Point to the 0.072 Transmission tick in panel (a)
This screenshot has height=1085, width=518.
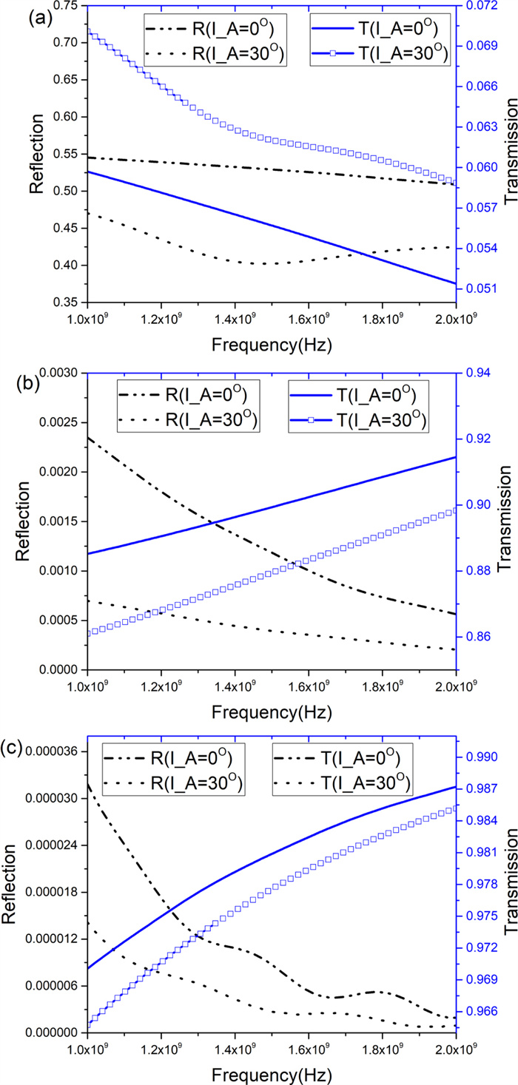[x=482, y=6]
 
